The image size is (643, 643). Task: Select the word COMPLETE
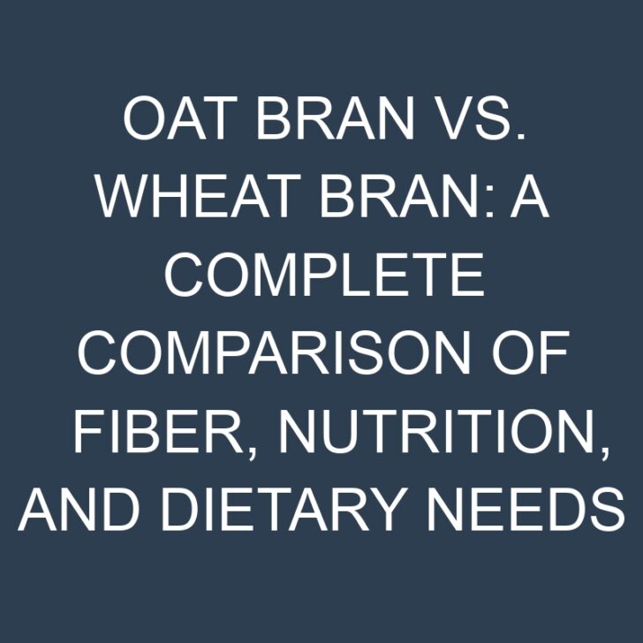[x=323, y=276]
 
